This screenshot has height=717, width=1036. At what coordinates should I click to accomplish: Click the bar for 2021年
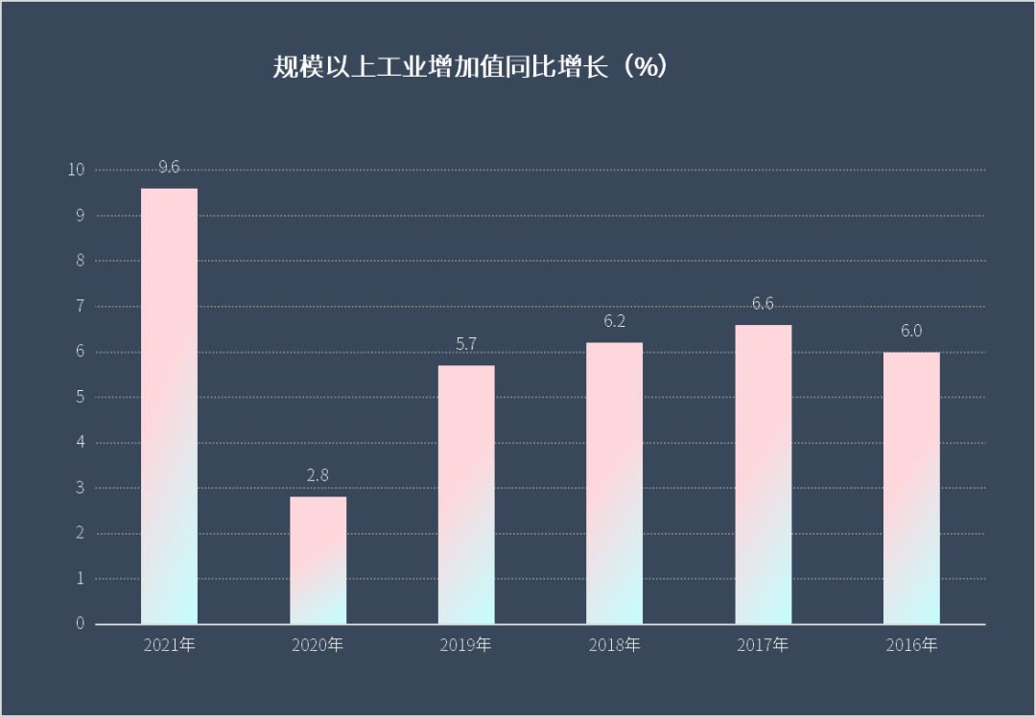tap(169, 406)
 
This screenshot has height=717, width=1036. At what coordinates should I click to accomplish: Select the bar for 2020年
tap(318, 561)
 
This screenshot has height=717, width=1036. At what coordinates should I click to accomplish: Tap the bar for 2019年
tap(466, 495)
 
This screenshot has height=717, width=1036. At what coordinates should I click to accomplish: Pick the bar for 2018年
tap(615, 483)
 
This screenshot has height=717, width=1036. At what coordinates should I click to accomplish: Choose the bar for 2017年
tap(764, 474)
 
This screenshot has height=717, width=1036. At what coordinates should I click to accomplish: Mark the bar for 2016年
tap(911, 488)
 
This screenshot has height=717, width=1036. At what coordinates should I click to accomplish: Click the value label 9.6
tap(169, 168)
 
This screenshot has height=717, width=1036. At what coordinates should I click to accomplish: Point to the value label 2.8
tap(318, 475)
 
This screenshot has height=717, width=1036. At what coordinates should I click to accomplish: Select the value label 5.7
tap(466, 344)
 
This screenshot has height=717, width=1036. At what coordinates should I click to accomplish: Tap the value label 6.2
tap(615, 321)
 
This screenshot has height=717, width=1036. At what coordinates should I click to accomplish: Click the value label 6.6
tap(764, 304)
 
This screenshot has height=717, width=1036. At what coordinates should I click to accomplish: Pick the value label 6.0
tap(911, 332)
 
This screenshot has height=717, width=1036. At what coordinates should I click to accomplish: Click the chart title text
tap(470, 67)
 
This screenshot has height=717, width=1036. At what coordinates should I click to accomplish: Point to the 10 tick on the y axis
tap(76, 170)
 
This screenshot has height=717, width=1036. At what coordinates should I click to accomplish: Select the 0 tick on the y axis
tap(81, 624)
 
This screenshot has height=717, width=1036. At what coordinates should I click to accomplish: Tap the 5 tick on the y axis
tap(81, 397)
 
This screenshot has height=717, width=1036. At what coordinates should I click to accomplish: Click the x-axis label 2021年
tap(169, 645)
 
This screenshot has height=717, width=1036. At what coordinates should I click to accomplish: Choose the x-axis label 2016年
tap(911, 645)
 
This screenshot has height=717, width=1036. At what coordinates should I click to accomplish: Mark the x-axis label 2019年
tap(466, 645)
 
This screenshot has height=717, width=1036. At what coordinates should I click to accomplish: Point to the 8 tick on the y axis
tap(81, 261)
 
